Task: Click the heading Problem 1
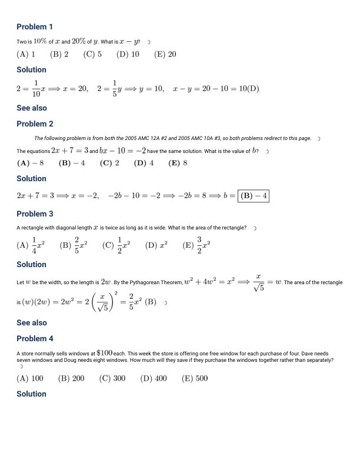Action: click(35, 27)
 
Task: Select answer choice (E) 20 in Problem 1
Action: click(165, 54)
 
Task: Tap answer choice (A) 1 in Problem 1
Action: click(26, 54)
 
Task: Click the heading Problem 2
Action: click(35, 124)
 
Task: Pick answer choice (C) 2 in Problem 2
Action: click(109, 163)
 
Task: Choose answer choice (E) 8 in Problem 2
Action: click(178, 163)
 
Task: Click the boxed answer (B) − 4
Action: click(254, 195)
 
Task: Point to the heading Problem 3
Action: click(35, 214)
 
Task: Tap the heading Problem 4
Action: click(35, 338)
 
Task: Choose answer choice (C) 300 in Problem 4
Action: click(112, 378)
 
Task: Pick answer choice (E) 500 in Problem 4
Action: click(194, 378)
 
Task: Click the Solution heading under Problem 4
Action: click(31, 394)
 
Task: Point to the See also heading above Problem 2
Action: click(32, 108)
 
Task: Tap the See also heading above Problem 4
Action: click(32, 322)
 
